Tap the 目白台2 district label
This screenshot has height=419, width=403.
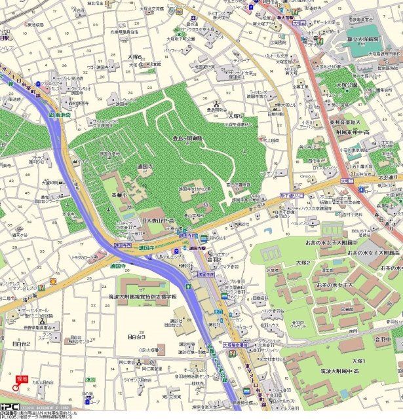click(22, 342)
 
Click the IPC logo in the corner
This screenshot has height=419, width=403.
click(9, 405)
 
